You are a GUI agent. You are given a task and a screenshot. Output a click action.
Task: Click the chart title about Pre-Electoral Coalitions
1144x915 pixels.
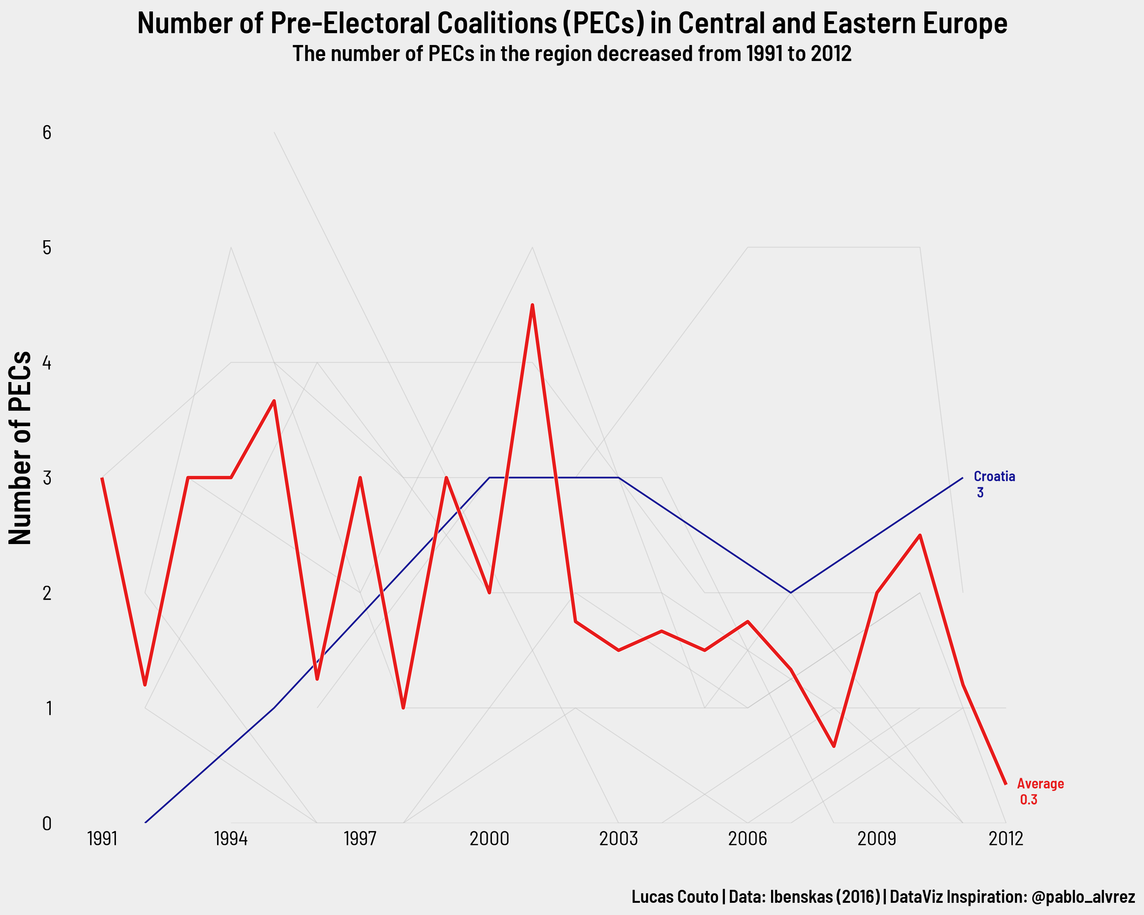[x=572, y=23]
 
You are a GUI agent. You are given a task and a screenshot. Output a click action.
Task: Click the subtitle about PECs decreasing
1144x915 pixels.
[x=572, y=54]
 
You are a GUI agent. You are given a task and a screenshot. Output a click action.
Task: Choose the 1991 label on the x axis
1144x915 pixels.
[x=102, y=839]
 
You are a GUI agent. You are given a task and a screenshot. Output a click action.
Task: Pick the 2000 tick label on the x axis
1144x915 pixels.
[x=489, y=839]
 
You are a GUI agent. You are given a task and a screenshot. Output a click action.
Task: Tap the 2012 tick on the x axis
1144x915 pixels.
[x=1006, y=839]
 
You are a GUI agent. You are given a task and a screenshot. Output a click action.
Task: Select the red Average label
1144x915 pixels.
[x=1040, y=784]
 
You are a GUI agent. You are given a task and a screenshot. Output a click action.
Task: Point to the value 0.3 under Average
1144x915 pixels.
[x=1028, y=800]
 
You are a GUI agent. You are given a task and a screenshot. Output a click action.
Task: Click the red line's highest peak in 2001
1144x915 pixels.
[x=532, y=305]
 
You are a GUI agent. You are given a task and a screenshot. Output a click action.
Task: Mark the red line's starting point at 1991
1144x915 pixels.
[x=102, y=478]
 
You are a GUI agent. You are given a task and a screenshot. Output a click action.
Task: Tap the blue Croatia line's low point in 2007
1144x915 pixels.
[x=791, y=592]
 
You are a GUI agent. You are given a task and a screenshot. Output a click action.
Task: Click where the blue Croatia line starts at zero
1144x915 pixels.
[x=145, y=823]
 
